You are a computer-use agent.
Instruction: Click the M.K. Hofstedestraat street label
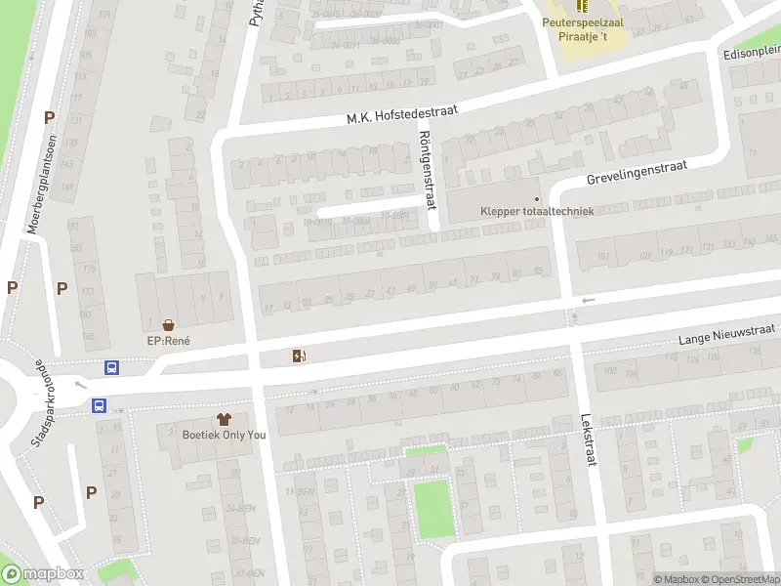pyautogui.click(x=402, y=112)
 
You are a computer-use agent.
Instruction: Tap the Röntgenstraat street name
pyautogui.click(x=426, y=169)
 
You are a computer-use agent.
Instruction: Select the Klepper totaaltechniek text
pyautogui.click(x=537, y=211)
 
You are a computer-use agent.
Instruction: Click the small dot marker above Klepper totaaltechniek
pyautogui.click(x=536, y=198)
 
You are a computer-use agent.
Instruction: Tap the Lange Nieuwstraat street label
pyautogui.click(x=727, y=336)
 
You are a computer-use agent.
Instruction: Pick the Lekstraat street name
pyautogui.click(x=589, y=442)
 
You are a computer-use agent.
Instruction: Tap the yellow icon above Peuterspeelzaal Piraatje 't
pyautogui.click(x=583, y=7)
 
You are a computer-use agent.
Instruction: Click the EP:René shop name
pyautogui.click(x=168, y=341)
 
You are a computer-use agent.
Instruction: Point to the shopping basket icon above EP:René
pyautogui.click(x=169, y=324)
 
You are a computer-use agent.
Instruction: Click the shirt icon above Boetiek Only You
pyautogui.click(x=225, y=418)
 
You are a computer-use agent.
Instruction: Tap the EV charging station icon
pyautogui.click(x=298, y=356)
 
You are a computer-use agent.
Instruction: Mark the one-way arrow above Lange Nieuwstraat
pyautogui.click(x=587, y=300)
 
